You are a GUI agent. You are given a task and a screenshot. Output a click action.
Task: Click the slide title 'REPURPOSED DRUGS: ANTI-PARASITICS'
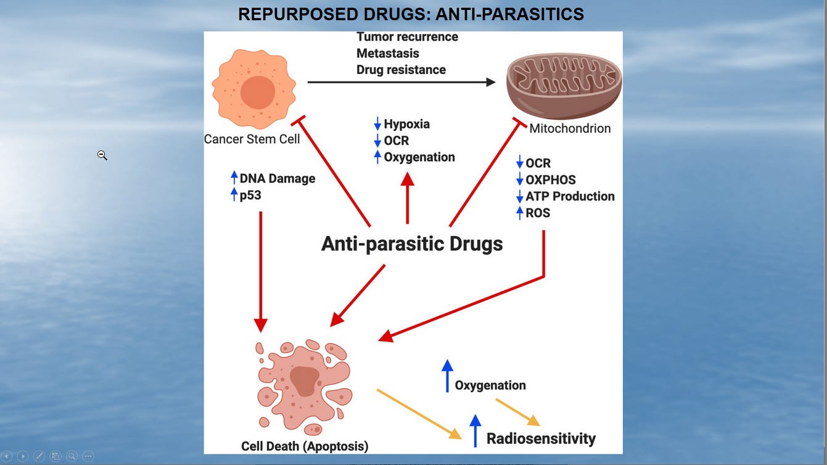click(411, 14)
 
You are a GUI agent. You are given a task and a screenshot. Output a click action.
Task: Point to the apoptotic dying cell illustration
click(304, 386)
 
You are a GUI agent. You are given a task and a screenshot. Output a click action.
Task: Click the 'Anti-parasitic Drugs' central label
click(412, 244)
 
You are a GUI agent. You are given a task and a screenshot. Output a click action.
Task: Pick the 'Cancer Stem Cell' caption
click(252, 139)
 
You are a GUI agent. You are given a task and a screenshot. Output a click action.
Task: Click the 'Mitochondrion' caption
click(570, 128)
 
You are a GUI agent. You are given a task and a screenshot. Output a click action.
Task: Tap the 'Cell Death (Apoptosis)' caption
click(305, 446)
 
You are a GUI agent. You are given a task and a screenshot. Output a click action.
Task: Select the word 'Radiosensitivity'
click(541, 438)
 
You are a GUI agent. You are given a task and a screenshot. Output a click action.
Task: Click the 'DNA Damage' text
click(277, 178)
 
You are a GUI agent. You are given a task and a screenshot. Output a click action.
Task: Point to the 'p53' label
click(250, 195)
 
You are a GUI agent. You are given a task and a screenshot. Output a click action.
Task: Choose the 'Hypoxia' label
click(406, 124)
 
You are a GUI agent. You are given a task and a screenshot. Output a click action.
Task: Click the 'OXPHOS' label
click(550, 179)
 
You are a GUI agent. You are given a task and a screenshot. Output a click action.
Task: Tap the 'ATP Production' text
click(570, 196)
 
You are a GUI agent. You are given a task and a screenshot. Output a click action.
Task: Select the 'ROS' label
click(538, 213)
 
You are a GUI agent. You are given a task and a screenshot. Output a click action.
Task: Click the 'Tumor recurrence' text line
click(407, 37)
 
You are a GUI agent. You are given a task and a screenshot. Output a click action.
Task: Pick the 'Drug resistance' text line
click(401, 70)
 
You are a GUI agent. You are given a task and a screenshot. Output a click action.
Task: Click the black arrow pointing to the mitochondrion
click(401, 82)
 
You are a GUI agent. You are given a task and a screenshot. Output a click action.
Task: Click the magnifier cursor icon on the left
click(102, 155)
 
